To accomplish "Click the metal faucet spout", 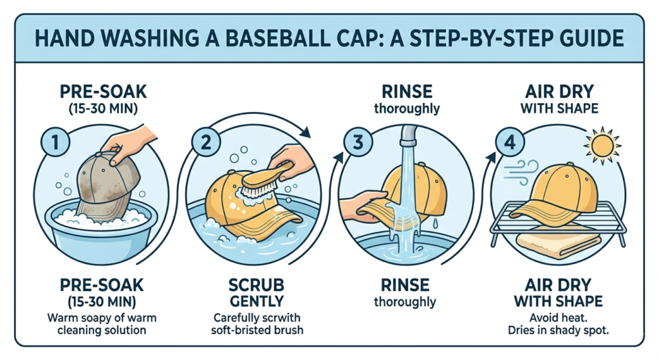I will [x=407, y=134].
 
